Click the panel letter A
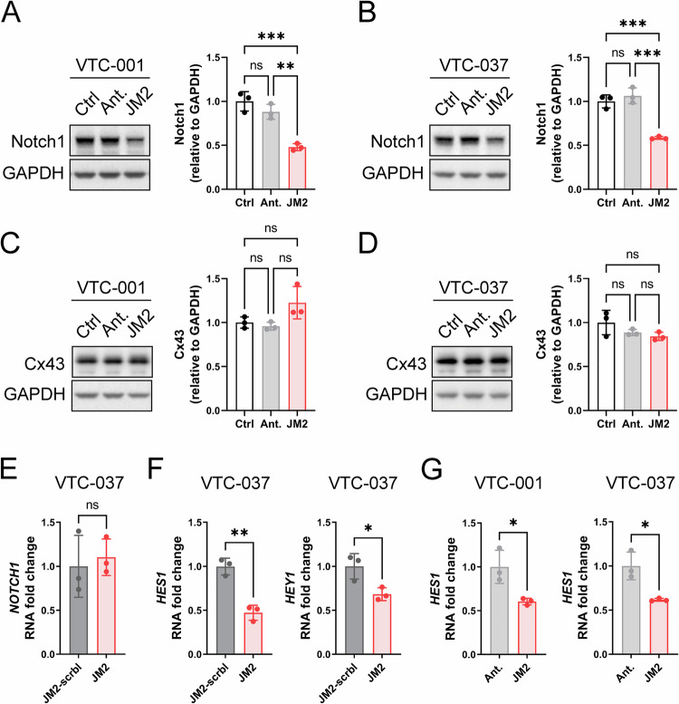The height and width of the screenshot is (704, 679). (x=17, y=15)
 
